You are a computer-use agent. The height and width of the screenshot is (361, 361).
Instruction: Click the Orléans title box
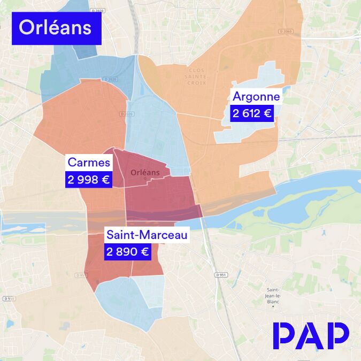point(56,28)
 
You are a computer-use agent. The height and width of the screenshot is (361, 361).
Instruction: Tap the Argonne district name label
point(256,97)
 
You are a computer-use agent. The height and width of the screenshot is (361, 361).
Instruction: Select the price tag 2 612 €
point(251,113)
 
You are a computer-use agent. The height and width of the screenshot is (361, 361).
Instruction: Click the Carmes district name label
point(89,163)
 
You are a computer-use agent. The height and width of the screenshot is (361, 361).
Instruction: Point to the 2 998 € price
point(89,180)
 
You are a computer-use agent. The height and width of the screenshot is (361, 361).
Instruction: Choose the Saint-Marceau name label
point(147,235)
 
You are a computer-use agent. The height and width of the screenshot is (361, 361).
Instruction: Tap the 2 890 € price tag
point(127,252)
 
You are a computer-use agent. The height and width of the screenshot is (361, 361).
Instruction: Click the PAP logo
point(311,335)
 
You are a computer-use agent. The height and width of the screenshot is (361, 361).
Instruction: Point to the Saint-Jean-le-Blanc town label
point(273,295)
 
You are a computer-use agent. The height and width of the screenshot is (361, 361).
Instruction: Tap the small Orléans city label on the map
point(145,173)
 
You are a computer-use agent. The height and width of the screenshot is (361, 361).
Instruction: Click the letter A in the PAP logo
point(311,335)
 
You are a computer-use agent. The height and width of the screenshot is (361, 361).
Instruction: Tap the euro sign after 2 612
point(266,113)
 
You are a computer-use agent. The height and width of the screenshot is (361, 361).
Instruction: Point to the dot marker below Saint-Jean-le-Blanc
point(273,306)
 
